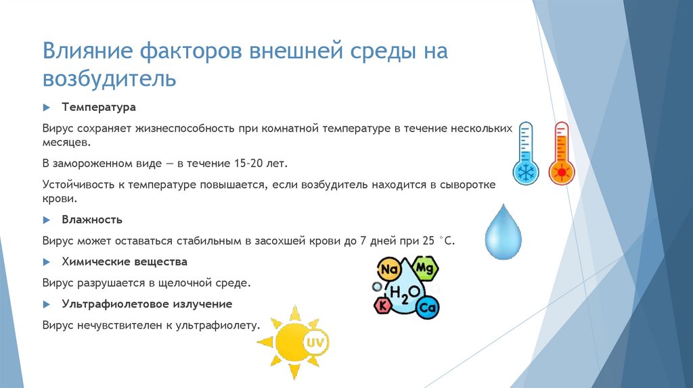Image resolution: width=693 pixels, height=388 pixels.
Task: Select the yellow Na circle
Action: [x=388, y=270]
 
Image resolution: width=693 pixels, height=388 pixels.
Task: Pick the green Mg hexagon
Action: [x=424, y=268]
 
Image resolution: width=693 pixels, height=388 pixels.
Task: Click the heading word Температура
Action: [x=99, y=107]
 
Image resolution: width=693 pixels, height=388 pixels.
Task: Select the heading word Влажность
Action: [x=92, y=220]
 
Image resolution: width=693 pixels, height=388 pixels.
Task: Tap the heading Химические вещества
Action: [x=125, y=261]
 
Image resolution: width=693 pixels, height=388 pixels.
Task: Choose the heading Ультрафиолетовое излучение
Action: [x=147, y=304]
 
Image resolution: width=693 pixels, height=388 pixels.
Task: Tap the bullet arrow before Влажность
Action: [x=47, y=220]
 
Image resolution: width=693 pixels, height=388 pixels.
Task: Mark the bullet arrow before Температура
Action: [x=47, y=108]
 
